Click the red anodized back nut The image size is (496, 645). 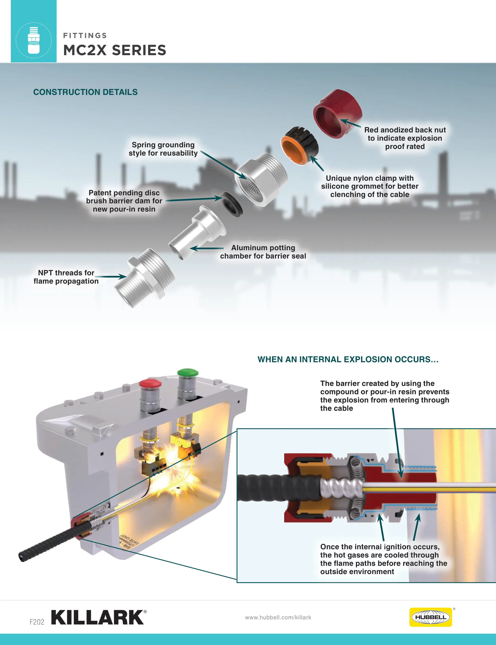pyautogui.click(x=338, y=114)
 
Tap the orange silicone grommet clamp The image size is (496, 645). pyautogui.click(x=299, y=146)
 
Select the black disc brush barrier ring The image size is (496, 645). pyautogui.click(x=232, y=204)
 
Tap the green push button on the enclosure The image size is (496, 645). pyautogui.click(x=188, y=372)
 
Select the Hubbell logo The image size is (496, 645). pyautogui.click(x=430, y=617)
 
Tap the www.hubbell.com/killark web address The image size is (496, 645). pyautogui.click(x=278, y=617)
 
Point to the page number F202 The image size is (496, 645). pyautogui.click(x=37, y=622)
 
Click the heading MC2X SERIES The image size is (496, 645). pyautogui.click(x=115, y=50)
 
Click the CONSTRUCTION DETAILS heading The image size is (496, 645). pyautogui.click(x=85, y=92)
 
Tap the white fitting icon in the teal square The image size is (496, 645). pyautogui.click(x=34, y=40)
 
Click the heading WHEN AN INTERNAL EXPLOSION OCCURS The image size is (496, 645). pyautogui.click(x=348, y=359)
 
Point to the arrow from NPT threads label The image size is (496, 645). pyautogui.click(x=111, y=277)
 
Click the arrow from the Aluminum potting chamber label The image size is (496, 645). pyautogui.click(x=207, y=248)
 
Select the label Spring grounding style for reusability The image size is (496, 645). pyautogui.click(x=163, y=149)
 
